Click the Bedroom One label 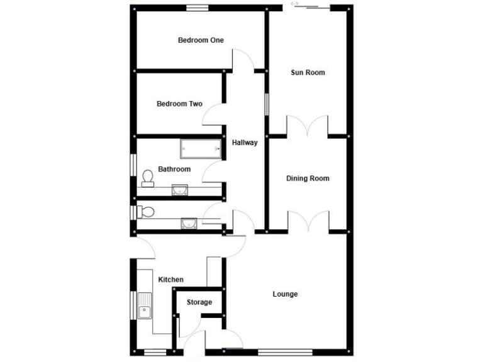tap(201, 40)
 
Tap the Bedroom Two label tap(179, 104)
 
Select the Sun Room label tap(308, 72)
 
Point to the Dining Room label tap(308, 178)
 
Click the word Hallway tap(245, 143)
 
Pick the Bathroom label tap(174, 169)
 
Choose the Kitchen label tap(170, 280)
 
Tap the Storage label tap(199, 302)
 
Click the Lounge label tap(285, 294)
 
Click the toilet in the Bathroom tap(148, 178)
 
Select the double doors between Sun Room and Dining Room tap(308, 125)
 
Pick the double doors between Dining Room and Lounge tap(308, 222)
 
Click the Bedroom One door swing tap(243, 62)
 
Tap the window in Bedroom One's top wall tap(197, 8)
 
